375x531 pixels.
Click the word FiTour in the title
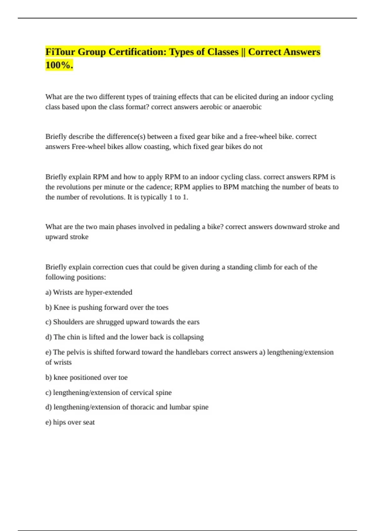tap(60, 52)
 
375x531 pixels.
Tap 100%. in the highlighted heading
tap(59, 65)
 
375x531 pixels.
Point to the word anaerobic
tap(247, 107)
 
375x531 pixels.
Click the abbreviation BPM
tap(231, 187)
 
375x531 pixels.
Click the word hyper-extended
tap(109, 292)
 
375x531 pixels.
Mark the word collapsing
tap(188, 337)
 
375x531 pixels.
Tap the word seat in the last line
tap(89, 422)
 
